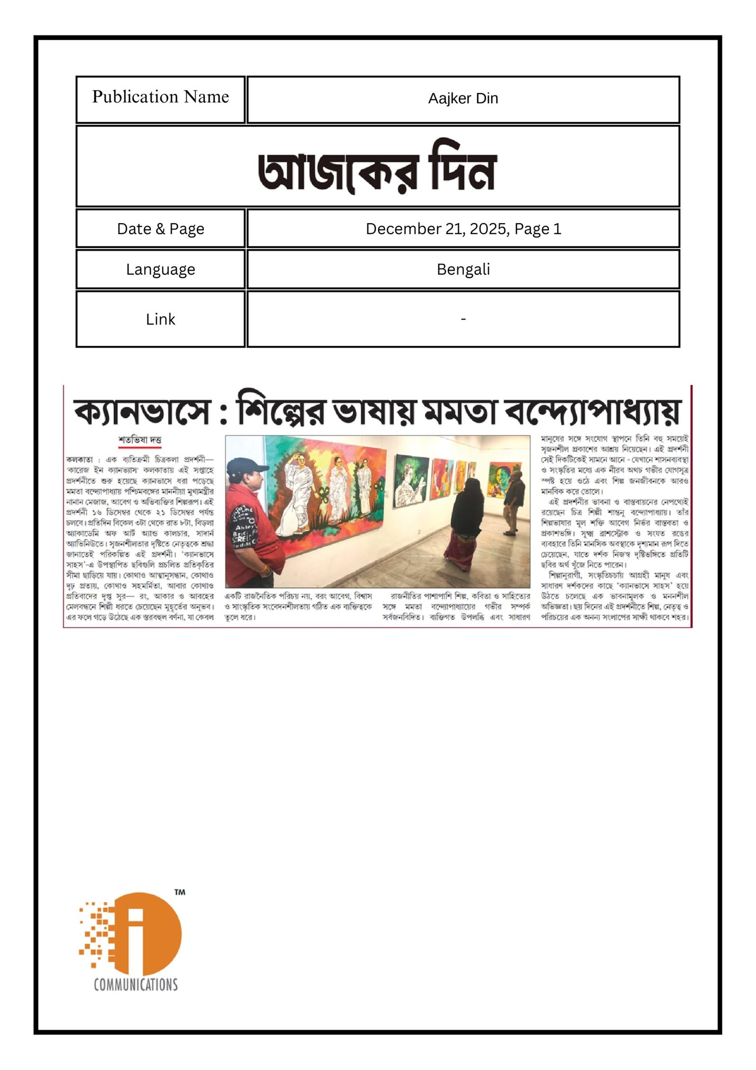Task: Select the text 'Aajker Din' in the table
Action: [463, 98]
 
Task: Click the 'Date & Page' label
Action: [160, 229]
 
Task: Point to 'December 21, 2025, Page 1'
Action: [463, 229]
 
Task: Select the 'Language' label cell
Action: [160, 270]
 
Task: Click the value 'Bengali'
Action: [463, 270]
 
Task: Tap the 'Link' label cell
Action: [160, 319]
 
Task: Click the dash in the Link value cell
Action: [463, 319]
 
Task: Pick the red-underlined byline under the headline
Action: [139, 440]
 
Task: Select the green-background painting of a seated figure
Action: [410, 478]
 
